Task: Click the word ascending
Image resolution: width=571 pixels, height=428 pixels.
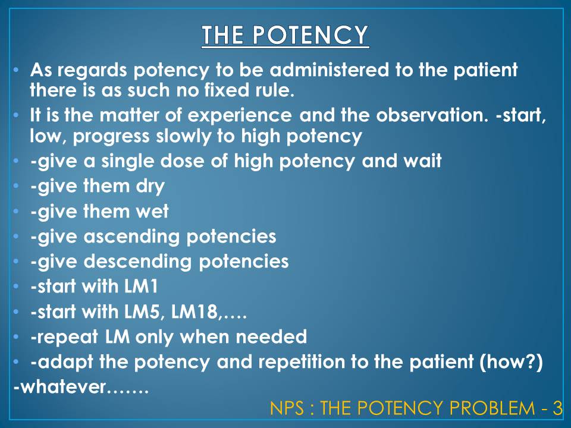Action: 134,237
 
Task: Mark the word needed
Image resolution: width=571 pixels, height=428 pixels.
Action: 272,337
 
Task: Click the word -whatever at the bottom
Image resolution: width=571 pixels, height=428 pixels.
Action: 59,388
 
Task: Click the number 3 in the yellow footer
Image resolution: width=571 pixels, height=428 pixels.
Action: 557,408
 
